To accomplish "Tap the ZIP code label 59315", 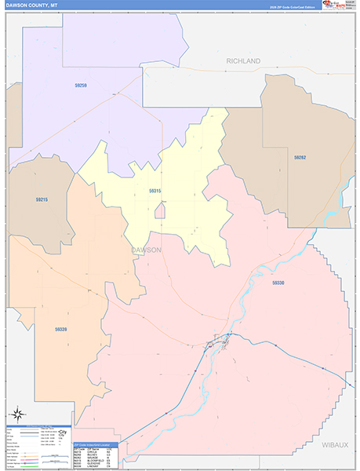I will [155, 191].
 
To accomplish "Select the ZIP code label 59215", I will [42, 199].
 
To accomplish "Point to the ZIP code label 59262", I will [300, 158].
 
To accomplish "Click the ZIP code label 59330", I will [278, 283].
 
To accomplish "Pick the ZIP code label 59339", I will [61, 330].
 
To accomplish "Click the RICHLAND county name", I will [243, 60].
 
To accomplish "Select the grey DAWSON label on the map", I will [146, 250].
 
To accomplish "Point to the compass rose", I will [16, 414].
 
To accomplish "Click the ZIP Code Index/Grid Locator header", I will [94, 444].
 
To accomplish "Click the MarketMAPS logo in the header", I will [343, 5].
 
